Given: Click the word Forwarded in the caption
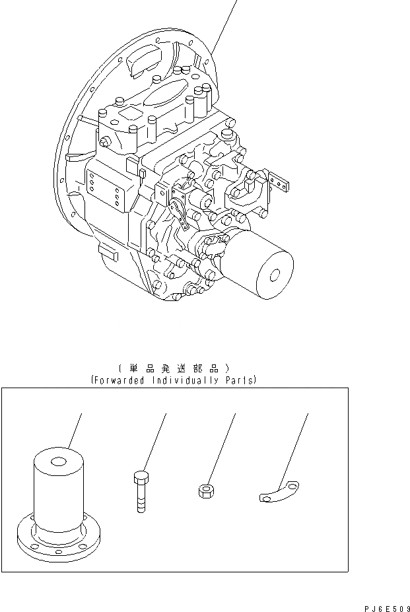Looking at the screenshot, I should click(x=119, y=381).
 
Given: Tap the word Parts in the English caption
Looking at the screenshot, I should click(x=238, y=381).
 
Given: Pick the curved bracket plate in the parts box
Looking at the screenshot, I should click(x=278, y=493).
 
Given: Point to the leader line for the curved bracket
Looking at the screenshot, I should click(x=295, y=449).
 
